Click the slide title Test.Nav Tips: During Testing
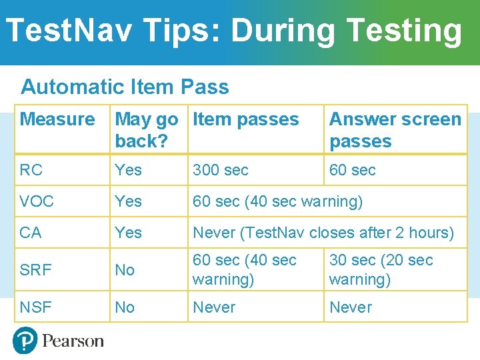point(233,31)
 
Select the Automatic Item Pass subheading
point(125,87)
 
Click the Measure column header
point(57,120)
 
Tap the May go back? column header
point(147,130)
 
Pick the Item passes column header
point(245,120)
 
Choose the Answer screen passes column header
point(395,130)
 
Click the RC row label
point(31,170)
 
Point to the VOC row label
point(37,201)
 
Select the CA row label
point(31,233)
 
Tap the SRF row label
point(35,270)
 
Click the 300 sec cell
point(220,170)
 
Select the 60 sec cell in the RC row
point(352,170)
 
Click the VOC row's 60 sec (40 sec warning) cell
point(277,201)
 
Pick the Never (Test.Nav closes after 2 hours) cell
point(323,233)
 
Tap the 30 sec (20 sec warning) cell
point(381,269)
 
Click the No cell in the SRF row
point(125,270)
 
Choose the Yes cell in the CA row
point(128,233)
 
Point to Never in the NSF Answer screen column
point(350,307)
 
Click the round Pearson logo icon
point(25,341)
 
